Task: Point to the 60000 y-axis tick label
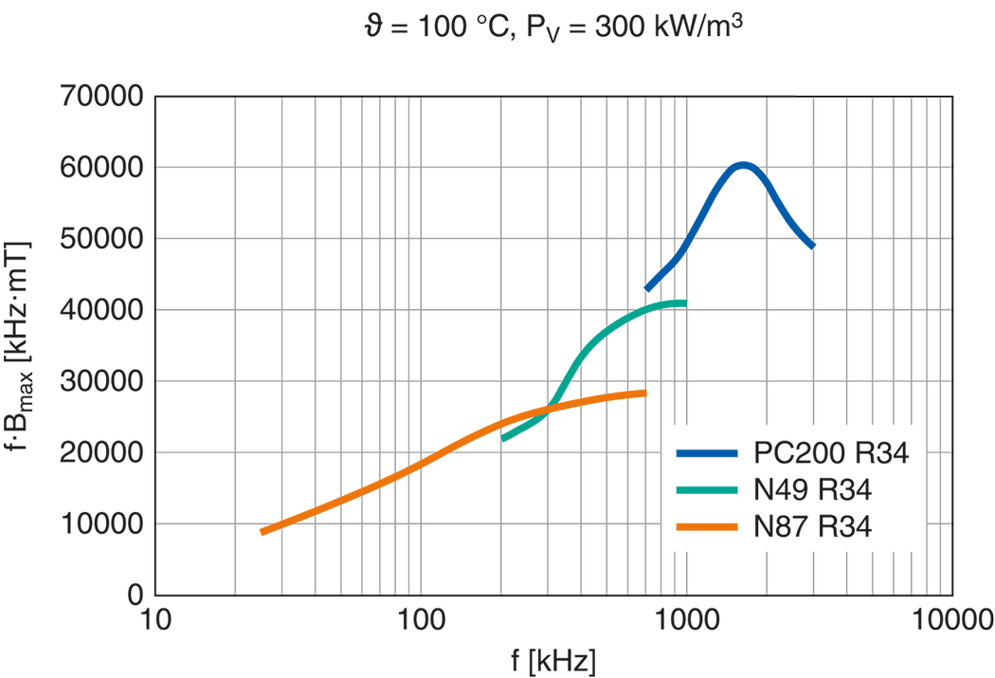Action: (x=102, y=168)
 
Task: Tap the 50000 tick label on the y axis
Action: (x=102, y=239)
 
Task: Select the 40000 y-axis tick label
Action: (x=102, y=310)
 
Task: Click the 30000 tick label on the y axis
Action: (x=102, y=381)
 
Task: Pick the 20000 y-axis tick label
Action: (x=102, y=452)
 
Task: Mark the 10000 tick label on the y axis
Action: (x=102, y=523)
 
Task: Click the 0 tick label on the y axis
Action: (x=136, y=595)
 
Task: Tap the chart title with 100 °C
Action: (x=555, y=27)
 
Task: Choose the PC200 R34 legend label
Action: (x=830, y=453)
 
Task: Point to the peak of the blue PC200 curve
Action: (x=744, y=164)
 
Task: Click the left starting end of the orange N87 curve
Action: (x=261, y=535)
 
